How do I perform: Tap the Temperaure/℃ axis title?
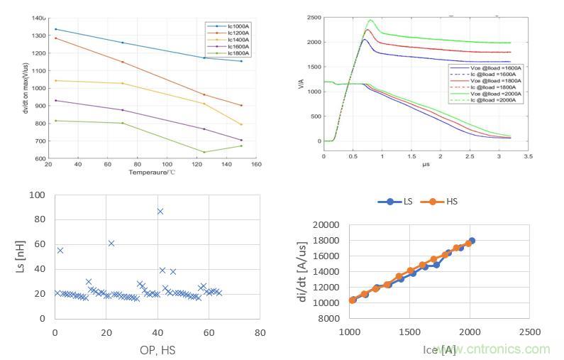152,172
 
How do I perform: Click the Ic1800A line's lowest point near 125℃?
204,152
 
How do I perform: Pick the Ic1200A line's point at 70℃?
122,62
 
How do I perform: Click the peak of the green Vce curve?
370,20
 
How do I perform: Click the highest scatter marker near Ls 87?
160,211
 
